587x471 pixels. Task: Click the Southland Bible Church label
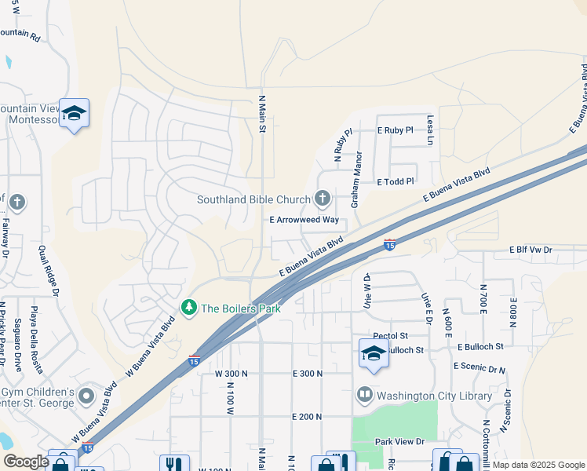tap(253, 199)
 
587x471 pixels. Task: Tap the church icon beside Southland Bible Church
tap(322, 198)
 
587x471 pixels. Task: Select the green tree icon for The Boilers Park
tap(188, 308)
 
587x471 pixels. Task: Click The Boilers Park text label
tap(241, 309)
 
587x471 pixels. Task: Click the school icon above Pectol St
tap(374, 353)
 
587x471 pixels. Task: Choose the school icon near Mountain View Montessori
tap(75, 113)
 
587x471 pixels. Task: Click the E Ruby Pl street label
tap(395, 130)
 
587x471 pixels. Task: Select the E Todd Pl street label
tap(395, 182)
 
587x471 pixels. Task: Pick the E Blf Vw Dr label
tap(530, 250)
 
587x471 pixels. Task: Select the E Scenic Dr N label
tap(479, 367)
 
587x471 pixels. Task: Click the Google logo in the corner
tap(26, 462)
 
